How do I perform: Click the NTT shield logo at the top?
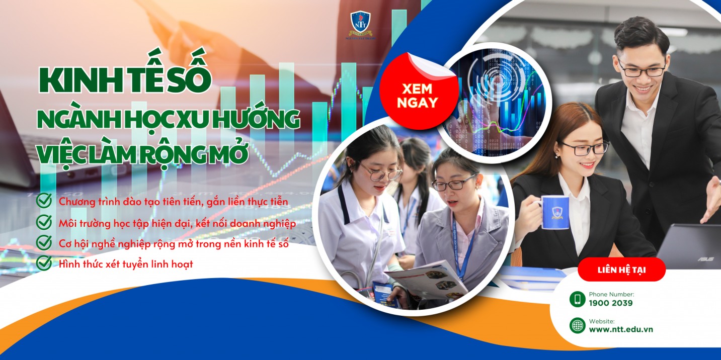(360, 22)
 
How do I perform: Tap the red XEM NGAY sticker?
(417, 95)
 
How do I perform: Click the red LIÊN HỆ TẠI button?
(621, 270)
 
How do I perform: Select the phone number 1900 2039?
(610, 303)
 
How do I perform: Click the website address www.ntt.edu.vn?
(621, 329)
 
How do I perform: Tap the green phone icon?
(577, 299)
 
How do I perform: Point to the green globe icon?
(577, 325)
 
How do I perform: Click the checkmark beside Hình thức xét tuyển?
(44, 263)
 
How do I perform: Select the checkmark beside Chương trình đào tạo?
(44, 201)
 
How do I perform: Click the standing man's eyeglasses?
(642, 70)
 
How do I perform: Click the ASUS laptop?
(689, 246)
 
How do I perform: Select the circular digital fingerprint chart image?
(493, 103)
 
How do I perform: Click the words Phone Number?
(611, 294)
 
